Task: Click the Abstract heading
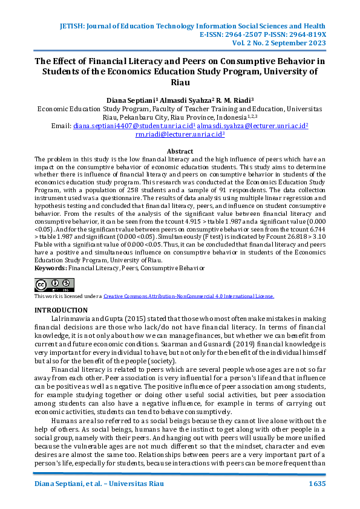(x=180, y=151)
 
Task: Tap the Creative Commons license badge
(x=54, y=285)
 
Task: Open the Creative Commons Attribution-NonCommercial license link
(x=189, y=296)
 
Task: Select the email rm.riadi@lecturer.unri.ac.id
(x=180, y=135)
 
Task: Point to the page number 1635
(x=318, y=485)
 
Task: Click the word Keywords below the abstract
(x=50, y=267)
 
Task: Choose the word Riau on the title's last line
(x=180, y=82)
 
